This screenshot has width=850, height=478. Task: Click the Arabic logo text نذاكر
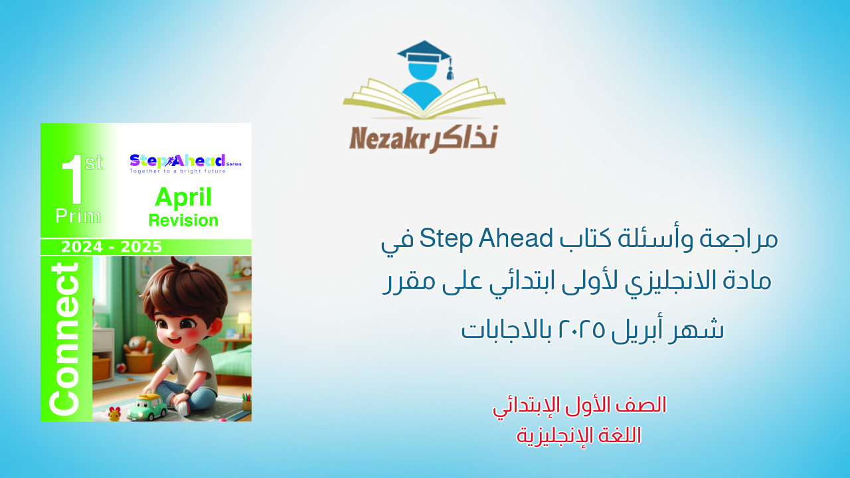click(x=464, y=137)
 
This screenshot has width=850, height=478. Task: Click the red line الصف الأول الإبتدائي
click(x=579, y=405)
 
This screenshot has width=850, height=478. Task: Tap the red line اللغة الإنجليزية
click(x=579, y=435)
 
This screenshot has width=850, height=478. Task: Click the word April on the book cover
click(x=183, y=197)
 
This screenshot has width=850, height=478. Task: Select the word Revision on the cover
click(x=183, y=220)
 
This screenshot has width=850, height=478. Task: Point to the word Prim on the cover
click(x=78, y=216)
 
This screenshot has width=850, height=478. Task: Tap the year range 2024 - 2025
click(x=112, y=247)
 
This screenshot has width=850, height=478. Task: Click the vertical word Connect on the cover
click(x=65, y=339)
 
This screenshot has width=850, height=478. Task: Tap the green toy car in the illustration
click(x=147, y=406)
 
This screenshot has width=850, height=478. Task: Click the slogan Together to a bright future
click(x=177, y=171)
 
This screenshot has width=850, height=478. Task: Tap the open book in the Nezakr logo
click(x=424, y=100)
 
